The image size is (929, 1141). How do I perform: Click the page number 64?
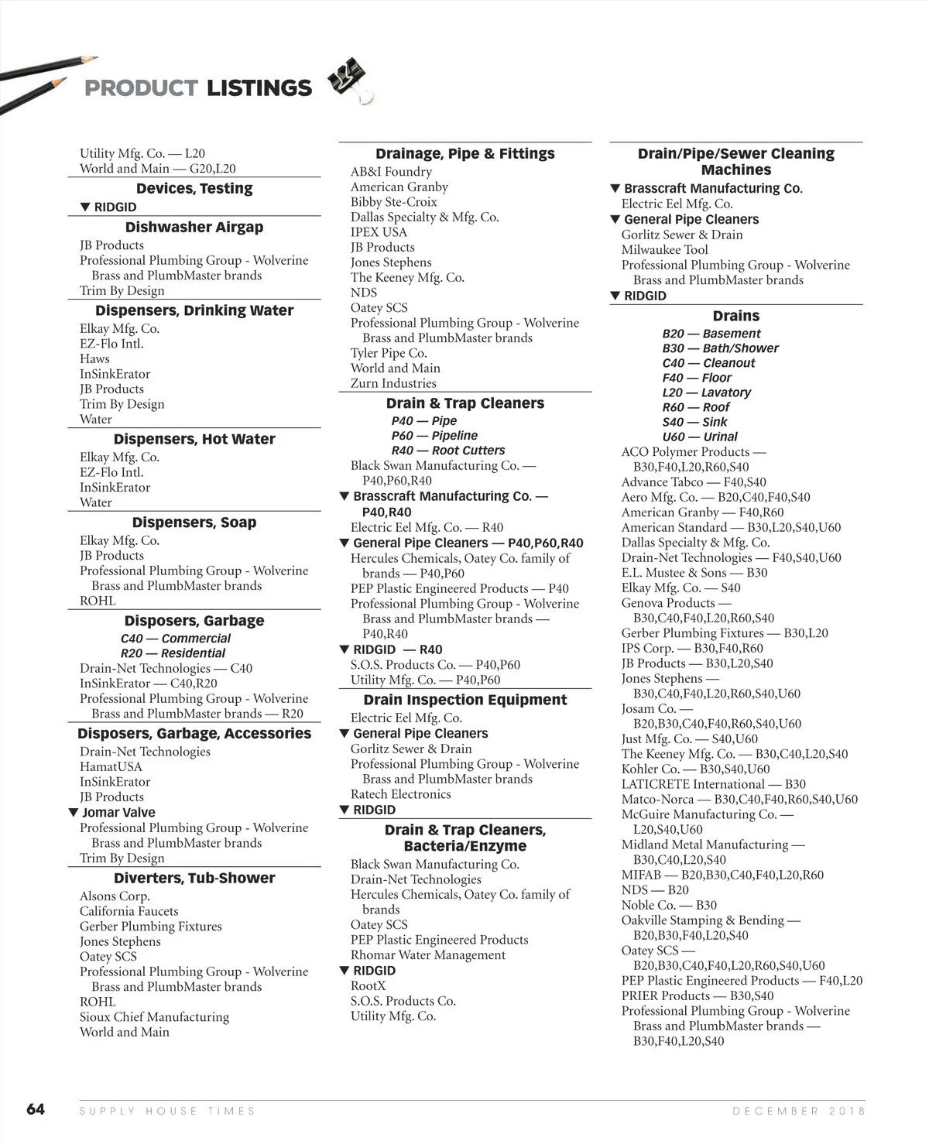pyautogui.click(x=36, y=1109)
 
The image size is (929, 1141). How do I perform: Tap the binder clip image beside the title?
pyautogui.click(x=350, y=80)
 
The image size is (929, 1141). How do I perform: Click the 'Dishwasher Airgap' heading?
pyautogui.click(x=194, y=227)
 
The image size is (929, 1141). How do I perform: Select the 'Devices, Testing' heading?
pyautogui.click(x=194, y=188)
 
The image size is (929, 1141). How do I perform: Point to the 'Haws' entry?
pyautogui.click(x=94, y=358)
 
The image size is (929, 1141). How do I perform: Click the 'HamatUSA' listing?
pyautogui.click(x=111, y=766)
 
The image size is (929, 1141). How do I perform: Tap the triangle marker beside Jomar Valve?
pyautogui.click(x=74, y=812)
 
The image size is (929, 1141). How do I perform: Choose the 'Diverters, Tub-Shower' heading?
pyautogui.click(x=194, y=878)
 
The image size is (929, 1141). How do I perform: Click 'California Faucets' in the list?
pyautogui.click(x=129, y=911)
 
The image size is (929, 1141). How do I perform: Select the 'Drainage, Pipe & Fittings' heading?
pyautogui.click(x=464, y=153)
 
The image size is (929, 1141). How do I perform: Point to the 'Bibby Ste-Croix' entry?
pyautogui.click(x=393, y=201)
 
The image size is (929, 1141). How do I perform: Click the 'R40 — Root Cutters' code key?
pyautogui.click(x=447, y=451)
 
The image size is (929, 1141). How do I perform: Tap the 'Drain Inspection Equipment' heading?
pyautogui.click(x=464, y=700)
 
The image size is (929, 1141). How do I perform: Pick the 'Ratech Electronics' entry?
pyautogui.click(x=400, y=794)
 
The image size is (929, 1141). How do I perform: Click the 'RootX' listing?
pyautogui.click(x=368, y=985)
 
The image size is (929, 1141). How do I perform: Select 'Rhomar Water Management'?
pyautogui.click(x=427, y=955)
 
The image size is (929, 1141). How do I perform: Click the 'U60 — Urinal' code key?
pyautogui.click(x=699, y=437)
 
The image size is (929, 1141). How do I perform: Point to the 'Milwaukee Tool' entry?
pyautogui.click(x=664, y=249)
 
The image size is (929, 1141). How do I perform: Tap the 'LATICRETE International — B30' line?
pyautogui.click(x=713, y=784)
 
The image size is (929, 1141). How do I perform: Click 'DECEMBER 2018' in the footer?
pyautogui.click(x=799, y=1111)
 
